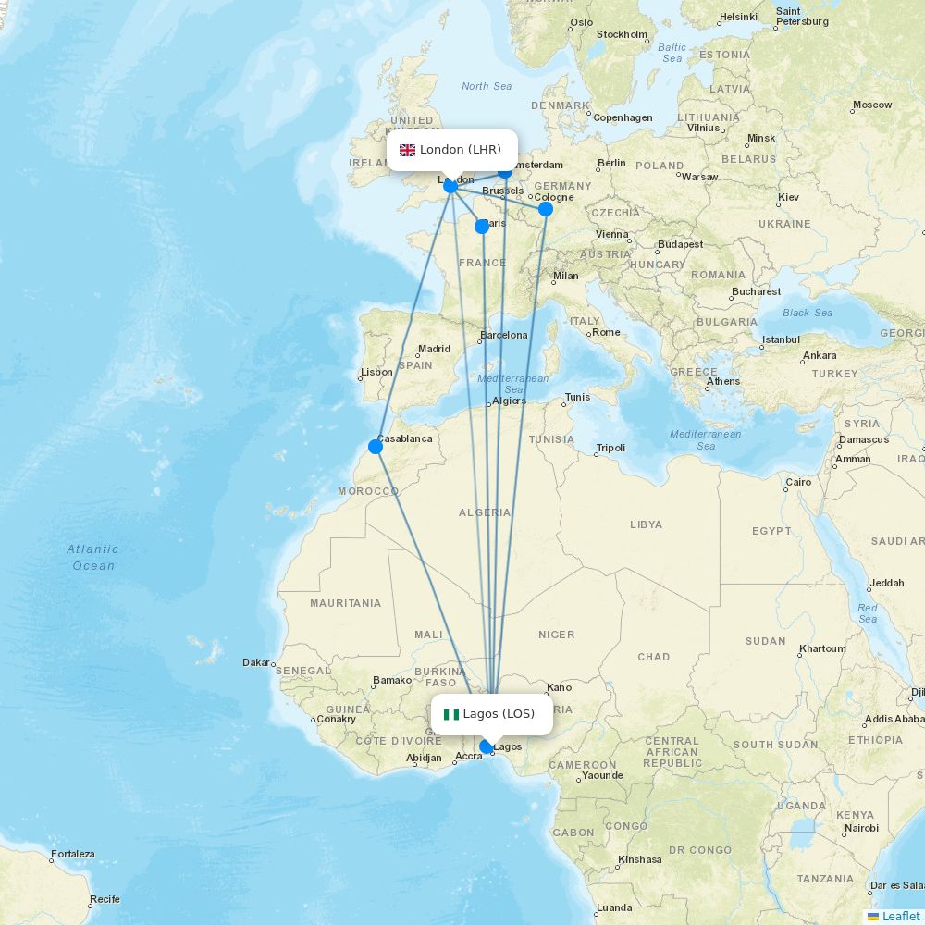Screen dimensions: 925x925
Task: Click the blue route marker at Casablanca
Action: click(376, 447)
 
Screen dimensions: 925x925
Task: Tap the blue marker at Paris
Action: click(482, 227)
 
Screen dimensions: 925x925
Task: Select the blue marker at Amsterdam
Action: click(505, 170)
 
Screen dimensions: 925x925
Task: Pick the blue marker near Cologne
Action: click(546, 209)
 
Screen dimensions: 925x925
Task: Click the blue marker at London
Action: click(450, 186)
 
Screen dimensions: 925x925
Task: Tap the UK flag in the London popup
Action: click(407, 150)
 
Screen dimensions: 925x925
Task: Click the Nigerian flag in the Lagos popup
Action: click(451, 714)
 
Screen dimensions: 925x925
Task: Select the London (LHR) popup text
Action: click(461, 150)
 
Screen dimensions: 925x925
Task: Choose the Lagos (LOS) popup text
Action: click(499, 714)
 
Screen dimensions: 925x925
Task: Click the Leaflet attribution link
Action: click(900, 916)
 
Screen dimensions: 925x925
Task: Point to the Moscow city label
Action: click(872, 105)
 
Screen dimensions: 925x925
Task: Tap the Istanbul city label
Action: click(781, 340)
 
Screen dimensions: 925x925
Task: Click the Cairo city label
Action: click(797, 482)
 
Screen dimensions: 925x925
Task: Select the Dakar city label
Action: click(255, 662)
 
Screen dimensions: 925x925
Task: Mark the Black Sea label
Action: click(808, 313)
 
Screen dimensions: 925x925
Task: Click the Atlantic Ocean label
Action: click(92, 557)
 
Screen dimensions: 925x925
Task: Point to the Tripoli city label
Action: click(610, 449)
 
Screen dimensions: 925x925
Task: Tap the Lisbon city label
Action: click(376, 372)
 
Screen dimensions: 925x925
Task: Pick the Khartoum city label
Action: click(821, 648)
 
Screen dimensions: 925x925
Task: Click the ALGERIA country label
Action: click(485, 512)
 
